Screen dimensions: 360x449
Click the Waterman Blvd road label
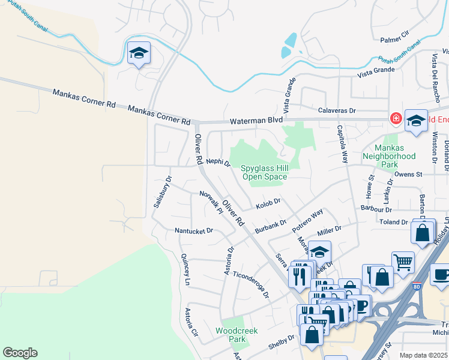coord(256,120)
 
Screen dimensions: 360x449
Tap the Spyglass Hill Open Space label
coord(264,173)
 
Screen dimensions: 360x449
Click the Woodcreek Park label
coord(231,335)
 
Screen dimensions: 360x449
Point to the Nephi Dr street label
coord(218,162)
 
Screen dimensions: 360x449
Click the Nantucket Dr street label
coord(193,230)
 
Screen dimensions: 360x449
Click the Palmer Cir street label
coord(394,40)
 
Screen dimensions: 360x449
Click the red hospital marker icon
coord(396,118)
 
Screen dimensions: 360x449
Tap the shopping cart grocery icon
coord(403,262)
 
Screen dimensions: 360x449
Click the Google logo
coord(20,353)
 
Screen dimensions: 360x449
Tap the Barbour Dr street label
coord(376,210)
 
